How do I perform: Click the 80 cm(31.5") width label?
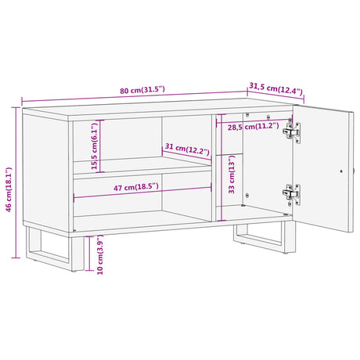coord(142,90)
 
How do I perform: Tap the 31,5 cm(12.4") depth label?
coord(275,88)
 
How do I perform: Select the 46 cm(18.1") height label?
coord(9,189)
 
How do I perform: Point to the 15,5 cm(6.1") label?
coord(94,146)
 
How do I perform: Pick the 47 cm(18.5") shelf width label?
coord(136,187)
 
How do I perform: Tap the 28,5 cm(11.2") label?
coord(254,127)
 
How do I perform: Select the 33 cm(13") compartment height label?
coord(232,175)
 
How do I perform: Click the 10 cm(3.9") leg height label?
coord(100,254)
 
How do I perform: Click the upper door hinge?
coord(292,131)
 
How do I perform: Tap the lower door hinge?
coord(292,194)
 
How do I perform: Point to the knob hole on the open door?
coord(341,171)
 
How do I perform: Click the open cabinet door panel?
coord(323,168)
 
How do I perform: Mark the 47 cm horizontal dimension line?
coord(142,193)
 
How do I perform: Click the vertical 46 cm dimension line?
coord(16,182)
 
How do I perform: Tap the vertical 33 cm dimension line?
coord(221,167)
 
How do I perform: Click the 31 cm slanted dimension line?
coord(187,155)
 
